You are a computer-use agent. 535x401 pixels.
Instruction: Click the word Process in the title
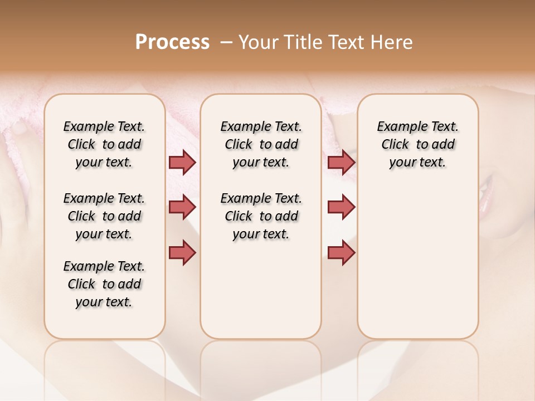(172, 42)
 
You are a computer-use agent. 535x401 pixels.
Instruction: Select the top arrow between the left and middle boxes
(182, 162)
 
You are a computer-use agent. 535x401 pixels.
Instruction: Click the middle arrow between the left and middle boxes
(182, 207)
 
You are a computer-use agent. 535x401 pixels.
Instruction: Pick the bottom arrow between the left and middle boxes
(182, 252)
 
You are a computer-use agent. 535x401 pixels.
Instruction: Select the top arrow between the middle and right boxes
(341, 162)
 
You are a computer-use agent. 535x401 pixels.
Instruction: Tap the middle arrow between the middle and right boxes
(341, 207)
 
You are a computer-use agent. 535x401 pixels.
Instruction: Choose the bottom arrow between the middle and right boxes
(341, 252)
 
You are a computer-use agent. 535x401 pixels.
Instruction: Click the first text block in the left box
(104, 144)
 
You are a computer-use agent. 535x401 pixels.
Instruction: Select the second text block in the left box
(104, 216)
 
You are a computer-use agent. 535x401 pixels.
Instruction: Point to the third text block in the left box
(104, 284)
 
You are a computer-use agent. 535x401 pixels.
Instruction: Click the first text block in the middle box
(261, 144)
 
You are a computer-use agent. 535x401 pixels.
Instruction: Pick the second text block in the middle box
(261, 216)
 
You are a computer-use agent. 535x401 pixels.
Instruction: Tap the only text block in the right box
(418, 144)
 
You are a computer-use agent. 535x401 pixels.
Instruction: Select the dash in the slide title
(226, 42)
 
